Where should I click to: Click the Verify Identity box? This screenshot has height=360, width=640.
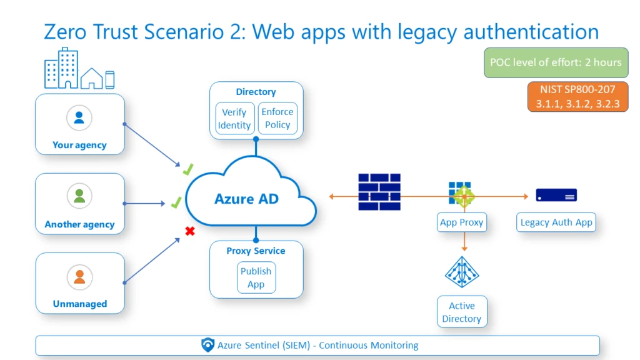tap(234, 119)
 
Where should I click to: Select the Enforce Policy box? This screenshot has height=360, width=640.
tap(277, 119)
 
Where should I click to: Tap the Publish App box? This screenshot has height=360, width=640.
tap(256, 277)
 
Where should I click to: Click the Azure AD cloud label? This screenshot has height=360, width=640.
tap(246, 199)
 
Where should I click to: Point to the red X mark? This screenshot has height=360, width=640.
tap(190, 231)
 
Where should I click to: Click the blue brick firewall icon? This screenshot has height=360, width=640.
tap(379, 192)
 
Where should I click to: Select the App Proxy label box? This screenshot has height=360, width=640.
tap(461, 222)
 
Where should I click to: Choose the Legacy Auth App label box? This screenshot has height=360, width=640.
tap(556, 222)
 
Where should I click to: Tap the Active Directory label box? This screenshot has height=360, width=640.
tap(461, 312)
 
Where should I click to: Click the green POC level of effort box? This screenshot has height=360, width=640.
tap(556, 62)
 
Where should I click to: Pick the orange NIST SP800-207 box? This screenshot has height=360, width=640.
tap(577, 97)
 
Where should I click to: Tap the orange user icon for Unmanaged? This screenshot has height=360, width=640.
tap(79, 276)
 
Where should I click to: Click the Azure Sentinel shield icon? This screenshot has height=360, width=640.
tap(208, 345)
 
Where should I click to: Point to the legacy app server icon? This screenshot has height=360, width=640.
tap(556, 195)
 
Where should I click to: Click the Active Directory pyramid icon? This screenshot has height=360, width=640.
tap(461, 271)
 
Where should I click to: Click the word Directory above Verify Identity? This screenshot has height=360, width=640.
tap(256, 92)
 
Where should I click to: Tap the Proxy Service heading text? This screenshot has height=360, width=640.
tap(256, 251)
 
